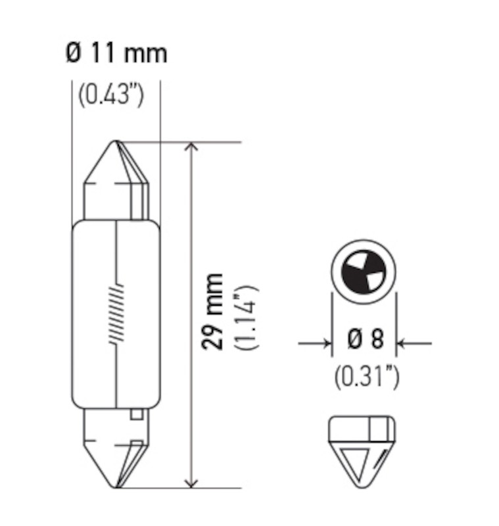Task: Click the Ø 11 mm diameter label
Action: tap(116, 53)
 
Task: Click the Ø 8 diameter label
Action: tap(365, 341)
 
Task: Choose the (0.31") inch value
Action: tap(366, 376)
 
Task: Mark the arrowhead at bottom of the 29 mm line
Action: tap(191, 482)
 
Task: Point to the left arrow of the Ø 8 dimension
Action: tap(325, 343)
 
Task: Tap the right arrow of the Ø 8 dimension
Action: tap(403, 343)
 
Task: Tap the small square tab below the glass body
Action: tap(137, 415)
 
